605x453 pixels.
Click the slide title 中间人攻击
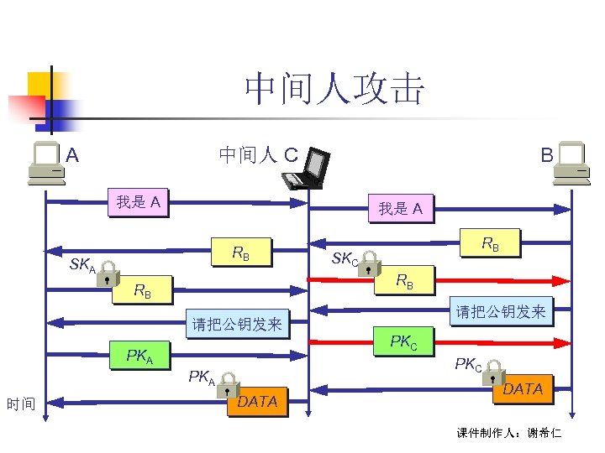click(x=334, y=90)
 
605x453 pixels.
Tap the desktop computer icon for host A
click(x=46, y=163)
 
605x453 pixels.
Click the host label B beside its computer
click(x=546, y=155)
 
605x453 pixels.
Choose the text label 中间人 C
click(x=258, y=154)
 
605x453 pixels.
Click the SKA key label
click(x=82, y=265)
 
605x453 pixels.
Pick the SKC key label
click(x=345, y=258)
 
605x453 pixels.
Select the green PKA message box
click(x=139, y=357)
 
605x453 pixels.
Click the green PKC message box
click(x=410, y=341)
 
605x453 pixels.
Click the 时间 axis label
click(x=20, y=404)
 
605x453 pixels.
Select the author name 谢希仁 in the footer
click(x=544, y=434)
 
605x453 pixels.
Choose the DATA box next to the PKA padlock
click(x=258, y=401)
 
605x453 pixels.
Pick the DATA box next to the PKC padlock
click(x=523, y=388)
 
